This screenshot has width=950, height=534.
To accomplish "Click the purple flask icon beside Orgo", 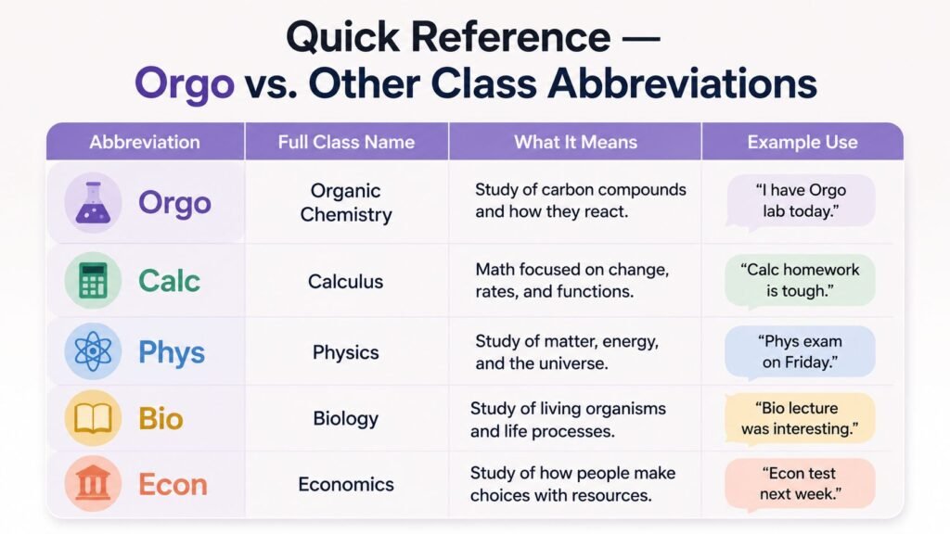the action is point(93,202).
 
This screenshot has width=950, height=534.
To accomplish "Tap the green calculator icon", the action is point(93,280).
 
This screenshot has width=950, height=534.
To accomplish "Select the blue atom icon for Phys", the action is point(93,351).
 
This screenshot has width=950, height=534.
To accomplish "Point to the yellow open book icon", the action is point(93,418).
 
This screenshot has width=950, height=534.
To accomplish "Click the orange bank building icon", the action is point(93,483).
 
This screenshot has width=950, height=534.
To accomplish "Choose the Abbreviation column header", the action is point(145,142).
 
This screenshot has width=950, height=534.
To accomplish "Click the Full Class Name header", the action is point(347,142).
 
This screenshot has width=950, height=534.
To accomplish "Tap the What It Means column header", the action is point(575,142).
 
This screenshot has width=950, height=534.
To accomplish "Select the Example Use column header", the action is point(802,142).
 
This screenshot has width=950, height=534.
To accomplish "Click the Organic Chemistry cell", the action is point(346,202).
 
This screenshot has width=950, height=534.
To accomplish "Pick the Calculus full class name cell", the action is point(345,281).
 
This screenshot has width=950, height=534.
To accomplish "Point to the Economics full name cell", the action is point(346,484).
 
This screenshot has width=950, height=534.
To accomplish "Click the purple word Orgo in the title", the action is point(185,83).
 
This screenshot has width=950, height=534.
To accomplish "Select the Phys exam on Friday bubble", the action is point(800,352).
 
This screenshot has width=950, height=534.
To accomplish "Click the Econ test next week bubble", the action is point(800,484).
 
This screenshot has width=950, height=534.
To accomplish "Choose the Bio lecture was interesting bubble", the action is point(800,419).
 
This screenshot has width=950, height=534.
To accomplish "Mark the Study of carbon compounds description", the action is point(581,200).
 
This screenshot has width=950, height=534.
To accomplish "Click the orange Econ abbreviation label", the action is point(173,484).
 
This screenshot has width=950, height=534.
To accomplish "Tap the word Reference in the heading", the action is point(510,37).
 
